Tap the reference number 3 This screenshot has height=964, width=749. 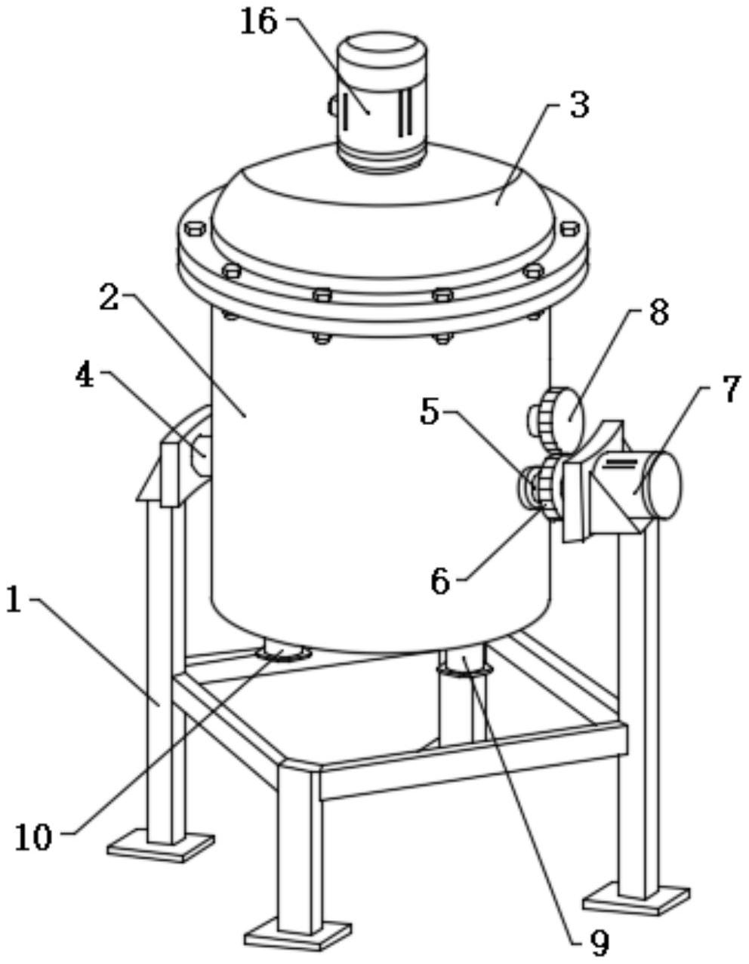click(578, 106)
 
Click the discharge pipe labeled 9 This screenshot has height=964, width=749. click(462, 695)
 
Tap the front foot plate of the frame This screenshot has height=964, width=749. click(299, 934)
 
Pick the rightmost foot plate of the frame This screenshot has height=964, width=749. click(636, 898)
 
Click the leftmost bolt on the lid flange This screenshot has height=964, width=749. click(193, 226)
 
